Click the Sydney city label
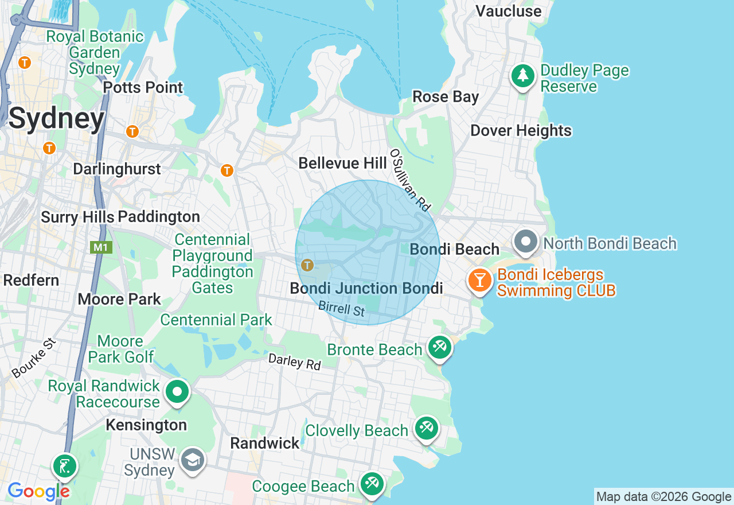(x=56, y=119)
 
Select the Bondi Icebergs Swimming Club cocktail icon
(x=480, y=281)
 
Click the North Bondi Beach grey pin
(x=526, y=242)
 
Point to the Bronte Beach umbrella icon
(x=440, y=348)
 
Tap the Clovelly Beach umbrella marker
(x=427, y=428)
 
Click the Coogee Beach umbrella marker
(x=372, y=484)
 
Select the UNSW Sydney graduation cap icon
(x=192, y=460)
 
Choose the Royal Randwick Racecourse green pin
(x=177, y=393)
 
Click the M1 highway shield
(x=101, y=247)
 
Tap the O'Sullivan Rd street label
(x=409, y=179)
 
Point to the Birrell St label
(x=342, y=309)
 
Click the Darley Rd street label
(x=295, y=362)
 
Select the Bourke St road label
(x=34, y=358)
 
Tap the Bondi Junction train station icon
(x=307, y=265)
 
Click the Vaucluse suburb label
(x=508, y=11)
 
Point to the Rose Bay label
(x=446, y=97)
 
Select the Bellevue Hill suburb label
(x=342, y=164)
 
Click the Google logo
(x=38, y=491)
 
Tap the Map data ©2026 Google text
(x=663, y=497)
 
